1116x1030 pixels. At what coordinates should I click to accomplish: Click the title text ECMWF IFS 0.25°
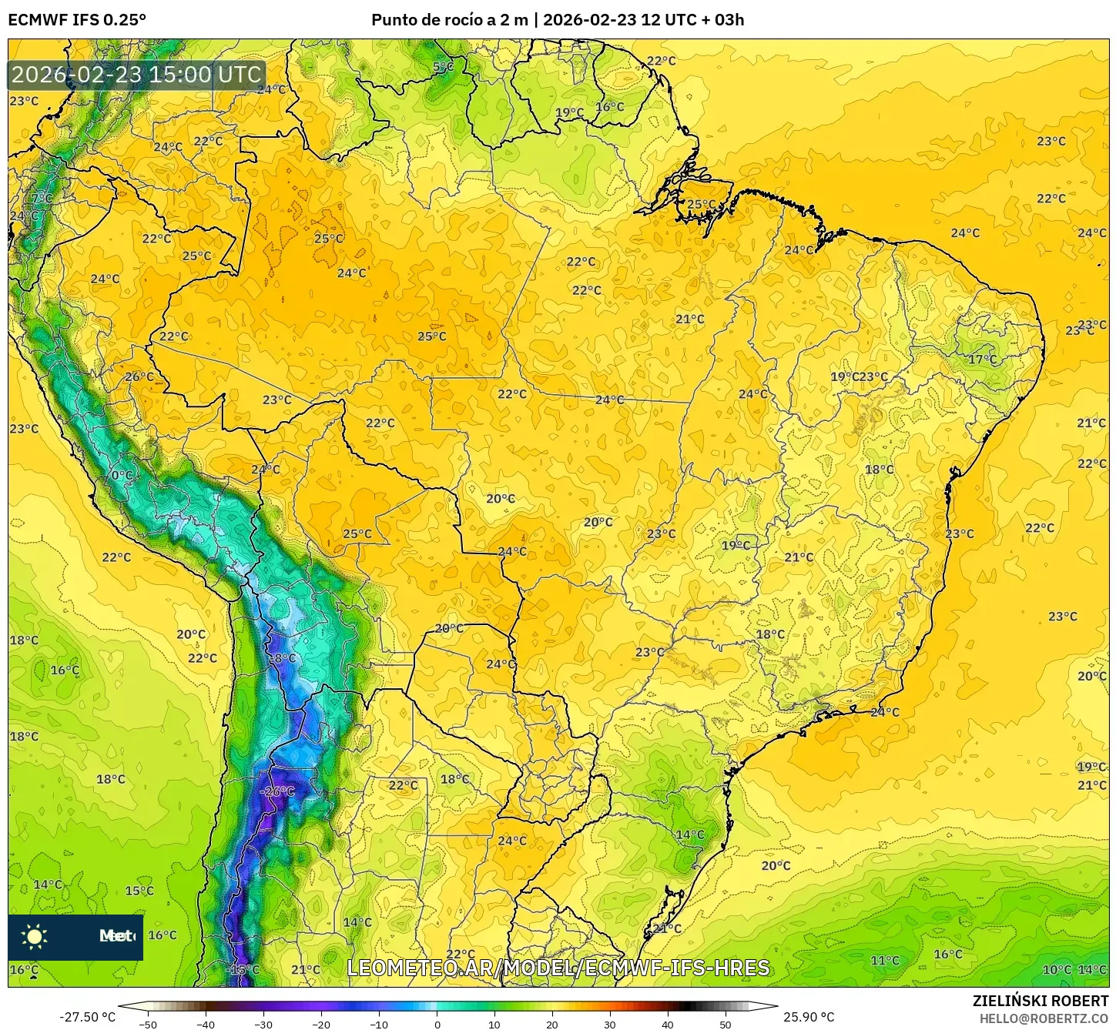pyautogui.click(x=77, y=20)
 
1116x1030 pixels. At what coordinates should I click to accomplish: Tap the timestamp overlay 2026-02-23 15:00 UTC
pyautogui.click(x=137, y=75)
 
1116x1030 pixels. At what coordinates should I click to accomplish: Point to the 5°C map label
pyautogui.click(x=443, y=67)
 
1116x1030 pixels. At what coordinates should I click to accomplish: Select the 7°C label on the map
pyautogui.click(x=42, y=199)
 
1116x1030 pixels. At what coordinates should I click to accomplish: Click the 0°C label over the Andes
pyautogui.click(x=122, y=475)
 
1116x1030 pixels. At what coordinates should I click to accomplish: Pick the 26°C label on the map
pyautogui.click(x=139, y=376)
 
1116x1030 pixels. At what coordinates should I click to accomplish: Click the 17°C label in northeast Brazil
pyautogui.click(x=982, y=359)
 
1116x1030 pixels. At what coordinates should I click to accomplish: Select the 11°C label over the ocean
pyautogui.click(x=884, y=960)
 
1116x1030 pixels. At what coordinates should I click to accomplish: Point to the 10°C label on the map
pyautogui.click(x=1056, y=969)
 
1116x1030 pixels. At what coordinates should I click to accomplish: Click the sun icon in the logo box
pyautogui.click(x=35, y=937)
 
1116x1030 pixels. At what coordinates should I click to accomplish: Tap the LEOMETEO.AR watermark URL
pyautogui.click(x=558, y=968)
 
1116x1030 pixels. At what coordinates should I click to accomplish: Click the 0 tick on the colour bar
pyautogui.click(x=437, y=1024)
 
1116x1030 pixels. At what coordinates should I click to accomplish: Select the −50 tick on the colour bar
pyautogui.click(x=147, y=1024)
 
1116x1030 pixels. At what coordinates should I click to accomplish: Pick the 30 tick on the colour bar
pyautogui.click(x=610, y=1024)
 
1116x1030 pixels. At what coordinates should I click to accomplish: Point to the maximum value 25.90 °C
pyautogui.click(x=809, y=1017)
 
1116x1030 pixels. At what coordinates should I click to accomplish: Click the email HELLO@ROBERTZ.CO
pyautogui.click(x=1044, y=1018)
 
